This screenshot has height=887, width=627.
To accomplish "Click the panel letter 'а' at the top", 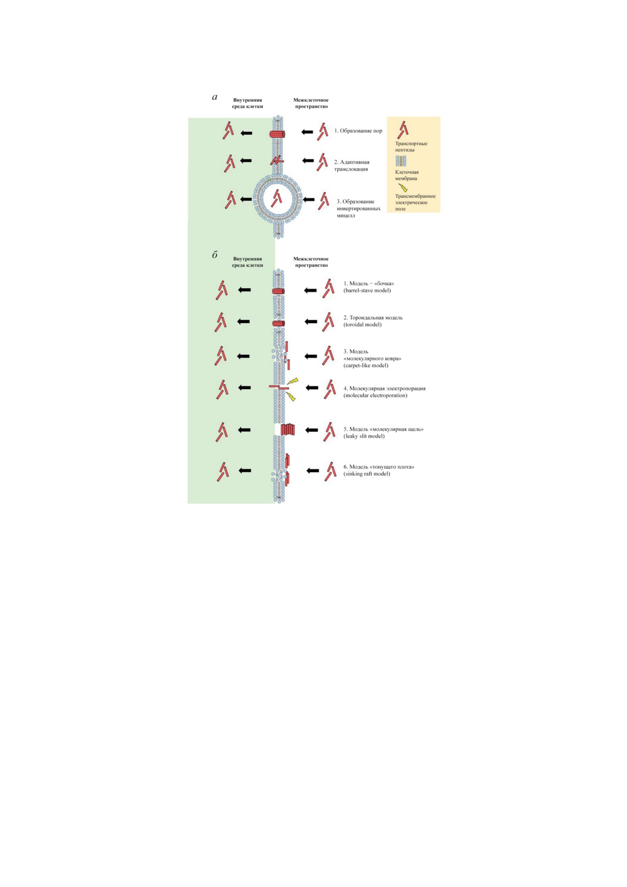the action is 215,97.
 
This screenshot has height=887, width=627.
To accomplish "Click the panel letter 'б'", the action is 215,255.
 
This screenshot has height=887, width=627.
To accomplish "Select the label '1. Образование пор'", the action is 358,131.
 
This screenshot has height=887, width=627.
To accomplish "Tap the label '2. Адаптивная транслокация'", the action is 352,166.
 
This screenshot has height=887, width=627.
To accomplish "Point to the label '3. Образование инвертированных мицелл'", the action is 359,208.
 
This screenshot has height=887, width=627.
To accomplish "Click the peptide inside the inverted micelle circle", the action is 276,198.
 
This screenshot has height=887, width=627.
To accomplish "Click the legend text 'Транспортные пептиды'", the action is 411,147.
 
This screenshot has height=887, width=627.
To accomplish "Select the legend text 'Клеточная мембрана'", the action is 407,175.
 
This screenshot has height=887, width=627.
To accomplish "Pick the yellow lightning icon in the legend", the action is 403,188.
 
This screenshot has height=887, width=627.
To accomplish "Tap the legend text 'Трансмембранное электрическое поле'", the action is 415,202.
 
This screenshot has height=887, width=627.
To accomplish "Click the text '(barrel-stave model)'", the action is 367,290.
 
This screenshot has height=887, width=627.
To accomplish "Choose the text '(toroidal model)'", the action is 363,325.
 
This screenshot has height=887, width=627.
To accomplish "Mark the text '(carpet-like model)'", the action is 366,365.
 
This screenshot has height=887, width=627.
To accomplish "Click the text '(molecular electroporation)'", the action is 375,395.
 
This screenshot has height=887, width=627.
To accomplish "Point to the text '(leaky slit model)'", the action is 364,436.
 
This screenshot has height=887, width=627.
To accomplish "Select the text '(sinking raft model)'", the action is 367,474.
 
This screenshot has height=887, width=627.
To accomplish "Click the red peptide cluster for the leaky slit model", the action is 287,429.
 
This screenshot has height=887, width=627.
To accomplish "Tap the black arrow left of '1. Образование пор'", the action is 307,132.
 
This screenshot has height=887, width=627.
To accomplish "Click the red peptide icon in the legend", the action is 402,129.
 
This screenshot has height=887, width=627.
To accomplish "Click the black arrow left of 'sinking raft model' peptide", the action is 313,471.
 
